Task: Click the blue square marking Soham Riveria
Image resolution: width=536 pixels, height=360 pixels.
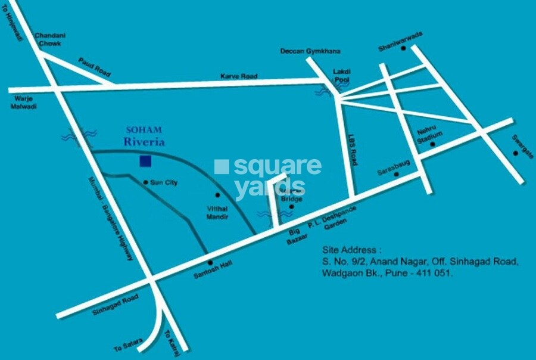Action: click(145, 161)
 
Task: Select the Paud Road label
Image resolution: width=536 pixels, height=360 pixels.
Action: click(95, 67)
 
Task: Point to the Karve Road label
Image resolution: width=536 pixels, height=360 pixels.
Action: click(239, 76)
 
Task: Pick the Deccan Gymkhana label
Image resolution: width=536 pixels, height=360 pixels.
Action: click(304, 51)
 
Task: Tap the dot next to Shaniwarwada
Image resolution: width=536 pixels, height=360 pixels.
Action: click(403, 48)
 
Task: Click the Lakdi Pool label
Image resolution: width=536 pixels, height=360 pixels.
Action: click(342, 75)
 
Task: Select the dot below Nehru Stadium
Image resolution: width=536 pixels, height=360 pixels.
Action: click(433, 144)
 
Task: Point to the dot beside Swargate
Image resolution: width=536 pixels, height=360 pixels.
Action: click(515, 153)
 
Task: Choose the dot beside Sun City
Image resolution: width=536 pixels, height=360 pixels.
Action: click(146, 182)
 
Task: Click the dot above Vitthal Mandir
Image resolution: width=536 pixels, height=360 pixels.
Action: click(217, 195)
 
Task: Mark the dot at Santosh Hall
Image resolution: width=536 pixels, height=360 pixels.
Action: click(209, 262)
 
